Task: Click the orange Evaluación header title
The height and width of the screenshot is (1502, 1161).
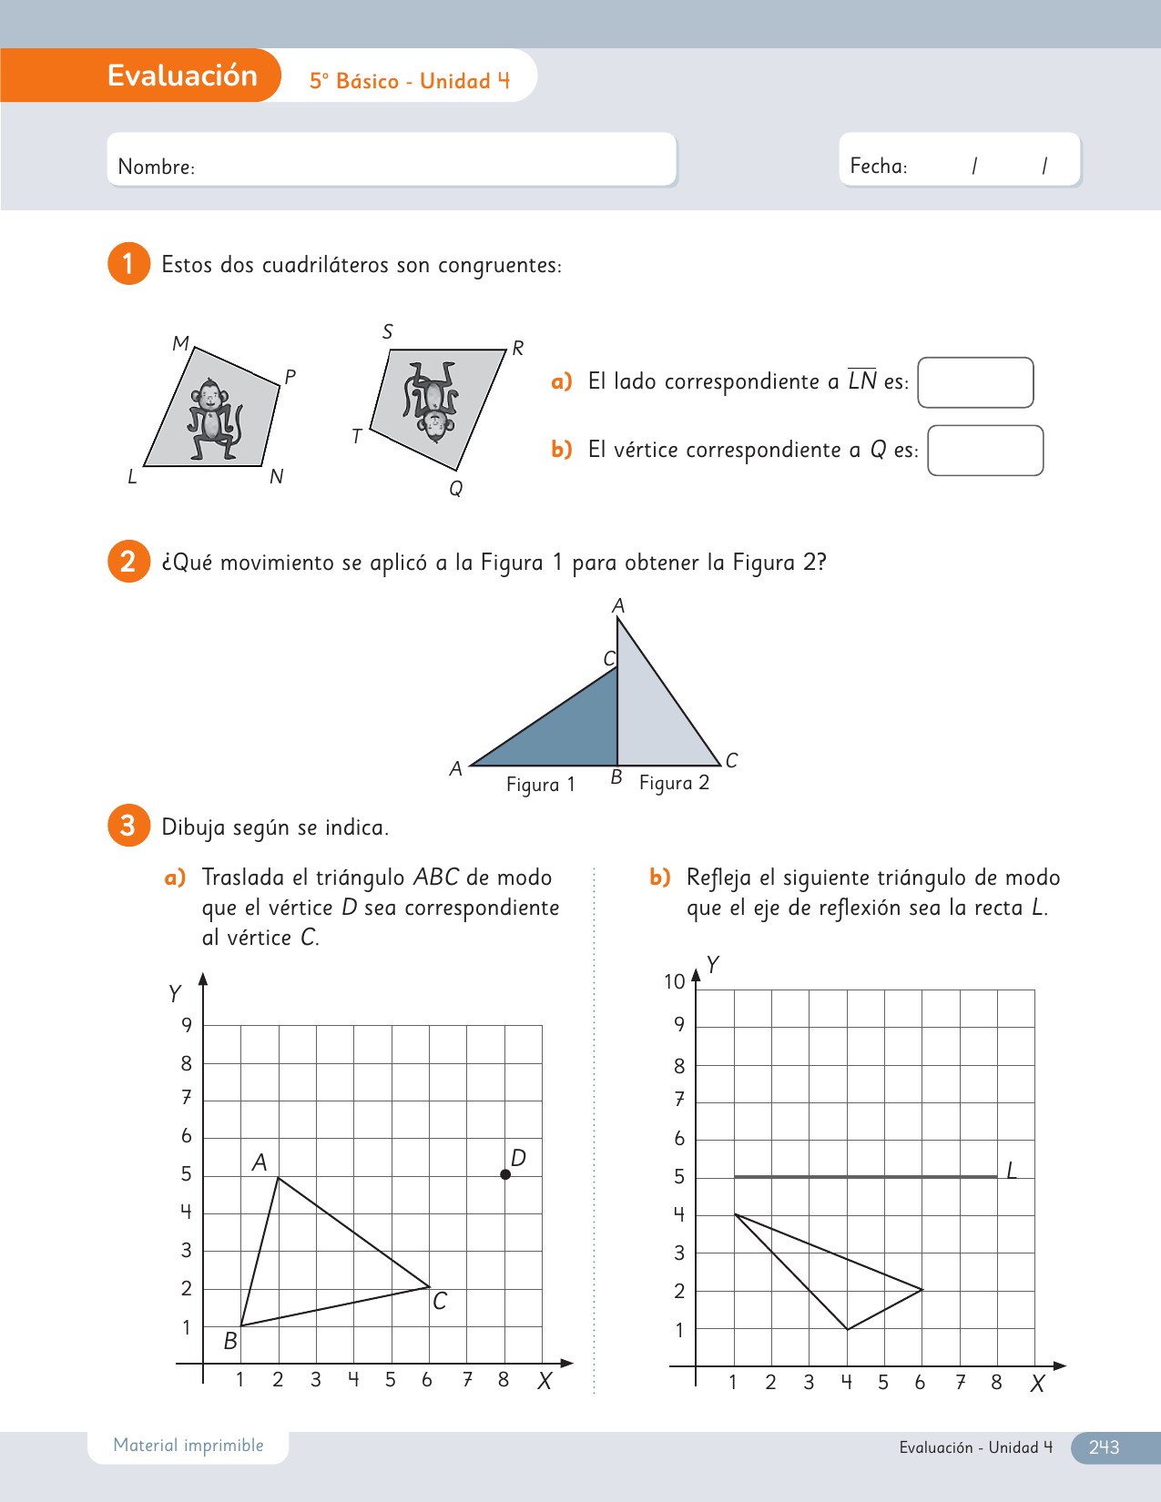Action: pos(182,76)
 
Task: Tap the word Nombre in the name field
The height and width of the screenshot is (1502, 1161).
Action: pos(156,167)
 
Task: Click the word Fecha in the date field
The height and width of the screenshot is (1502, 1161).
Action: pos(878,167)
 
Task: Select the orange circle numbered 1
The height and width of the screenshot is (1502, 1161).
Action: pos(128,264)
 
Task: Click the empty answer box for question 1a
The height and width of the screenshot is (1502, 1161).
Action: pos(975,382)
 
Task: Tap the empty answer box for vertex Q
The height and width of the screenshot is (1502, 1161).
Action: pos(985,451)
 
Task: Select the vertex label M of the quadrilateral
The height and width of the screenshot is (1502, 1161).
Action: pos(180,343)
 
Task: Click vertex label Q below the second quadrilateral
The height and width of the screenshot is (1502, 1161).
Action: pos(456,489)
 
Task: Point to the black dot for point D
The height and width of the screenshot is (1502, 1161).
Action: pos(505,1174)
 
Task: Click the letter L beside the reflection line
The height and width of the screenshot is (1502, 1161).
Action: pos(1012,1171)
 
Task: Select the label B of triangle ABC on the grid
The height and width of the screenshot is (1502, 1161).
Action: pos(230,1341)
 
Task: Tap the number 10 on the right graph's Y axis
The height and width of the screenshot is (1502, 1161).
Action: pos(674,981)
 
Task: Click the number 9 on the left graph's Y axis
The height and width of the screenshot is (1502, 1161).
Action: pos(187,1025)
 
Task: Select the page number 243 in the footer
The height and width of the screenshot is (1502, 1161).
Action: pos(1104,1447)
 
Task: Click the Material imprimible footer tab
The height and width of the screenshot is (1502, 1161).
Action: pos(188,1446)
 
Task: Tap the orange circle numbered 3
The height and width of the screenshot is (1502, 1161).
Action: pos(128,826)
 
